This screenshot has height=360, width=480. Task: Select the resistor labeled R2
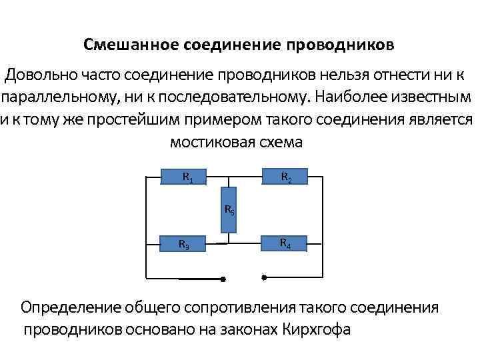coord(284,177)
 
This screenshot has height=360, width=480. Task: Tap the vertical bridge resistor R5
coord(228,211)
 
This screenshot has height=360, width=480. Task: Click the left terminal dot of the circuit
coord(223,279)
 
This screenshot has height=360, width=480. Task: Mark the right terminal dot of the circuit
coord(264,276)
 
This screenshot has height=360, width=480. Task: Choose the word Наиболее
coord(349,97)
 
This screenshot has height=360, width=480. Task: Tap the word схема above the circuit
coord(283,142)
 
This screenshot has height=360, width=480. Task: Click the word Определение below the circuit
coord(70,307)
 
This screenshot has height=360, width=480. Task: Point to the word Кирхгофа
coord(316,330)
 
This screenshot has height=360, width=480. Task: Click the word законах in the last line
coord(245,330)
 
